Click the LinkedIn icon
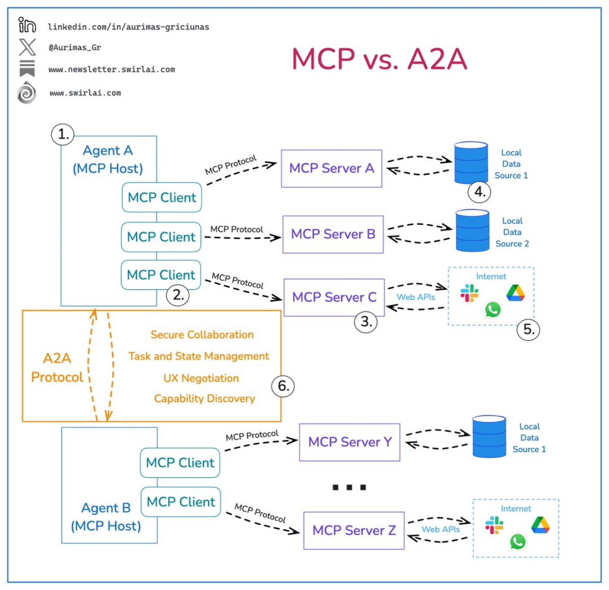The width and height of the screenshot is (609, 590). pyautogui.click(x=27, y=25)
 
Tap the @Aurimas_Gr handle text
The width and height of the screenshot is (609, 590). pyautogui.click(x=74, y=47)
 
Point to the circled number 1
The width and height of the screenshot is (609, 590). pyautogui.click(x=63, y=134)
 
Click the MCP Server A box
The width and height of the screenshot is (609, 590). pyautogui.click(x=332, y=168)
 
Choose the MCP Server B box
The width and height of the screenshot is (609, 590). pyautogui.click(x=333, y=234)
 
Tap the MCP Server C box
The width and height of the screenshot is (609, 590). pyautogui.click(x=334, y=297)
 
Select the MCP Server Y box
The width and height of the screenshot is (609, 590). pyautogui.click(x=350, y=442)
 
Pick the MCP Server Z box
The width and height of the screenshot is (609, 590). pyautogui.click(x=354, y=530)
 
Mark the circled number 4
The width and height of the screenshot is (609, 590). pyautogui.click(x=479, y=192)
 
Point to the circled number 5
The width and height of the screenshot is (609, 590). pyautogui.click(x=528, y=329)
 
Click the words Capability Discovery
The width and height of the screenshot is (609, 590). pyautogui.click(x=204, y=399)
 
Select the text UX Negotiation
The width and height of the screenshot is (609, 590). pyautogui.click(x=201, y=378)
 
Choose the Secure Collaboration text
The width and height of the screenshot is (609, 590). pyautogui.click(x=202, y=335)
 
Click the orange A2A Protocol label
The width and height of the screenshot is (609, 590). pyautogui.click(x=57, y=368)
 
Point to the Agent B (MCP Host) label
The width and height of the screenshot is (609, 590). pyautogui.click(x=106, y=517)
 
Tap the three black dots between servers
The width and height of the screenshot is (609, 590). pyautogui.click(x=349, y=487)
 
